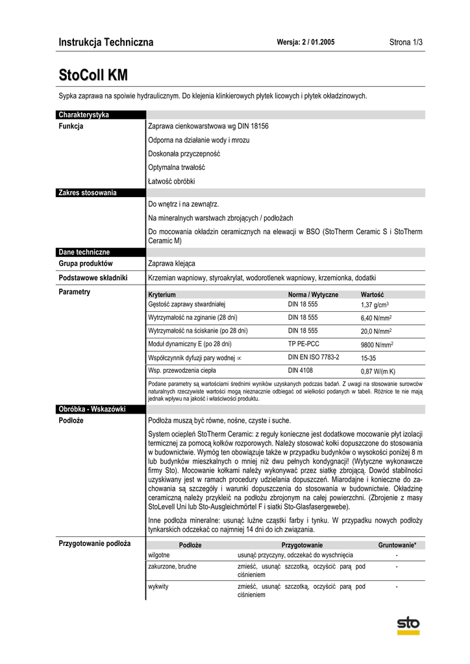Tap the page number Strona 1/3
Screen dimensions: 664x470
tap(406, 42)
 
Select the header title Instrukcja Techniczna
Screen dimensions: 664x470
tap(106, 42)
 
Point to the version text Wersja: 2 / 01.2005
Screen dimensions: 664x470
tap(305, 42)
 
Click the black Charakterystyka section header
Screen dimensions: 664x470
tap(84, 115)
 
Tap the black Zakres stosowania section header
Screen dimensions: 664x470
tap(88, 193)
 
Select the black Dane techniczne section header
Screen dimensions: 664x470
tap(84, 252)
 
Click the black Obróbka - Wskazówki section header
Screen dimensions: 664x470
tap(92, 409)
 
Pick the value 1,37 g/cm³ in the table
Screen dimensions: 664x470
tap(375, 305)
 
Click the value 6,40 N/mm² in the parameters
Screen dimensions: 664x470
tap(376, 318)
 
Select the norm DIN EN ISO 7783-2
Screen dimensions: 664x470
tap(314, 357)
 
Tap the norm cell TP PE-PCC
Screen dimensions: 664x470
tap(304, 344)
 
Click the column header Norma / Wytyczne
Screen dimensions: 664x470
tap(313, 294)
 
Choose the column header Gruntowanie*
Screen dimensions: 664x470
tap(397, 545)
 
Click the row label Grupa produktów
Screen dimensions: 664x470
tap(86, 264)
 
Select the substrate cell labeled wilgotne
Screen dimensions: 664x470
tap(159, 556)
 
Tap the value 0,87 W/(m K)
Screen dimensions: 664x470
tap(378, 372)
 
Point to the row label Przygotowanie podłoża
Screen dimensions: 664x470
tap(95, 543)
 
